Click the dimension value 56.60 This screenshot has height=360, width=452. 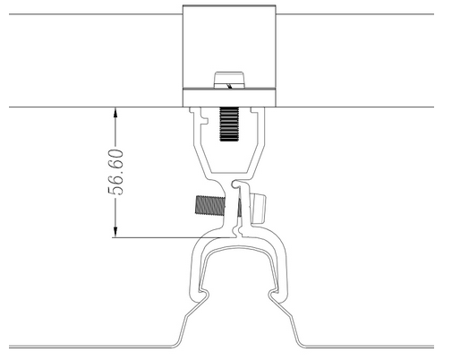115,172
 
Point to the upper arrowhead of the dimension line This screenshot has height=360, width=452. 115,113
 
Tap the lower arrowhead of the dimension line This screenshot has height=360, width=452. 115,232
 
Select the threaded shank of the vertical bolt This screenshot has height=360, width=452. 229,124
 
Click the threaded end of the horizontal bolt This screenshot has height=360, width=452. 210,205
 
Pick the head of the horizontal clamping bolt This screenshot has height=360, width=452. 259,209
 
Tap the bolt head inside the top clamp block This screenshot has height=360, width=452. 229,80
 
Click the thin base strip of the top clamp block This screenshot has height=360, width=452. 229,98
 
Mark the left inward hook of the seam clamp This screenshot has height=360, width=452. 203,294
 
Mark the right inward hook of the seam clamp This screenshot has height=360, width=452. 274,294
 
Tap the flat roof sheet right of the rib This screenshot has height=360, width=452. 370,347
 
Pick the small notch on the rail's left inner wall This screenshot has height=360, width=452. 204,117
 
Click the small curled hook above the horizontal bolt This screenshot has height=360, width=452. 236,184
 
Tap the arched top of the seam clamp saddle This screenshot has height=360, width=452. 239,250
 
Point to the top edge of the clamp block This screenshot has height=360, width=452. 229,5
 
